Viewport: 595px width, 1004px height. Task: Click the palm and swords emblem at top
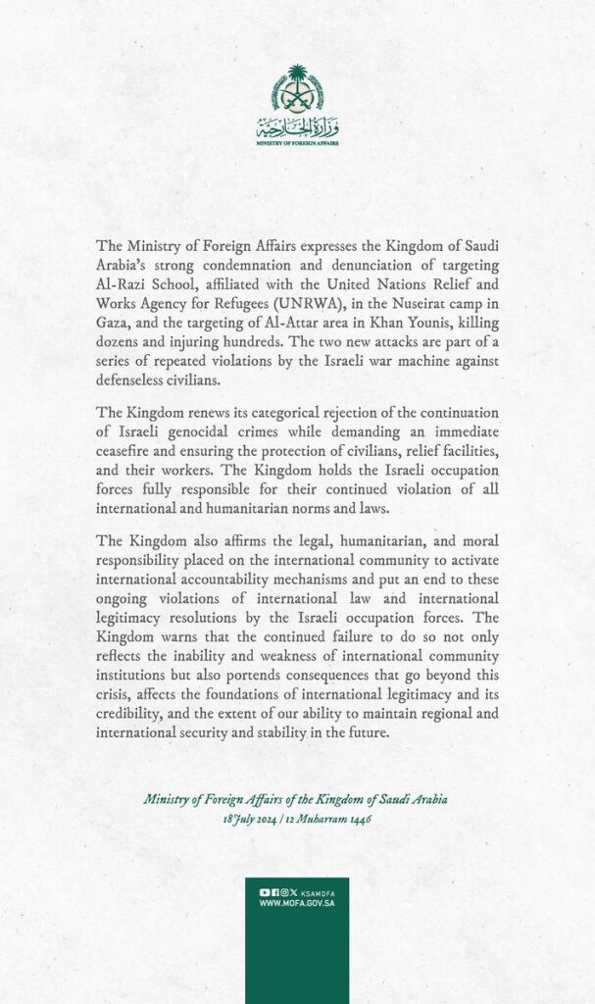(297, 89)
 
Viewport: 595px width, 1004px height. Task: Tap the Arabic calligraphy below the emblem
(297, 128)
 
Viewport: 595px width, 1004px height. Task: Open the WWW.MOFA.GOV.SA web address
(297, 903)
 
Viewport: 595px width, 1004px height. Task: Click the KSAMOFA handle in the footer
(319, 892)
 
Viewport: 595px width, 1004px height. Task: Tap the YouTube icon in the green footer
(264, 892)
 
